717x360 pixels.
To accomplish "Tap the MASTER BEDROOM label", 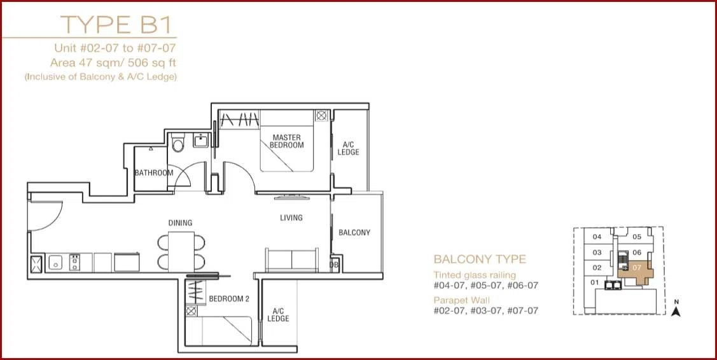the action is point(287,141).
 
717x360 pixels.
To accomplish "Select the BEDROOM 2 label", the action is point(229,299).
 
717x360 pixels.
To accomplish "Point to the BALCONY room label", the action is point(354,232).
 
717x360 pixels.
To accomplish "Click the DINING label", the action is point(180,223).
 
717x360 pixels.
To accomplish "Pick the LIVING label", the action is point(291,218).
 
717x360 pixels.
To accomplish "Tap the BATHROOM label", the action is point(154,173).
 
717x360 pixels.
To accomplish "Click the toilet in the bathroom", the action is point(179,142).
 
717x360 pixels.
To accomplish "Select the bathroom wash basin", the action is point(201,141).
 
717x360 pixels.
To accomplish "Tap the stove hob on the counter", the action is point(74,263).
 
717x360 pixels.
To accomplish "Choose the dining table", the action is point(181,251).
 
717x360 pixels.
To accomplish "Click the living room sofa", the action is point(291,260).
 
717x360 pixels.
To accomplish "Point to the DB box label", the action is point(334,265).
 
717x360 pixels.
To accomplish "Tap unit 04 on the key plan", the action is point(597,237).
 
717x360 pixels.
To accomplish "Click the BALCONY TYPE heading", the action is point(480,260).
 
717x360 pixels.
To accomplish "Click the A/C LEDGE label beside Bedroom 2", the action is point(278,314).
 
